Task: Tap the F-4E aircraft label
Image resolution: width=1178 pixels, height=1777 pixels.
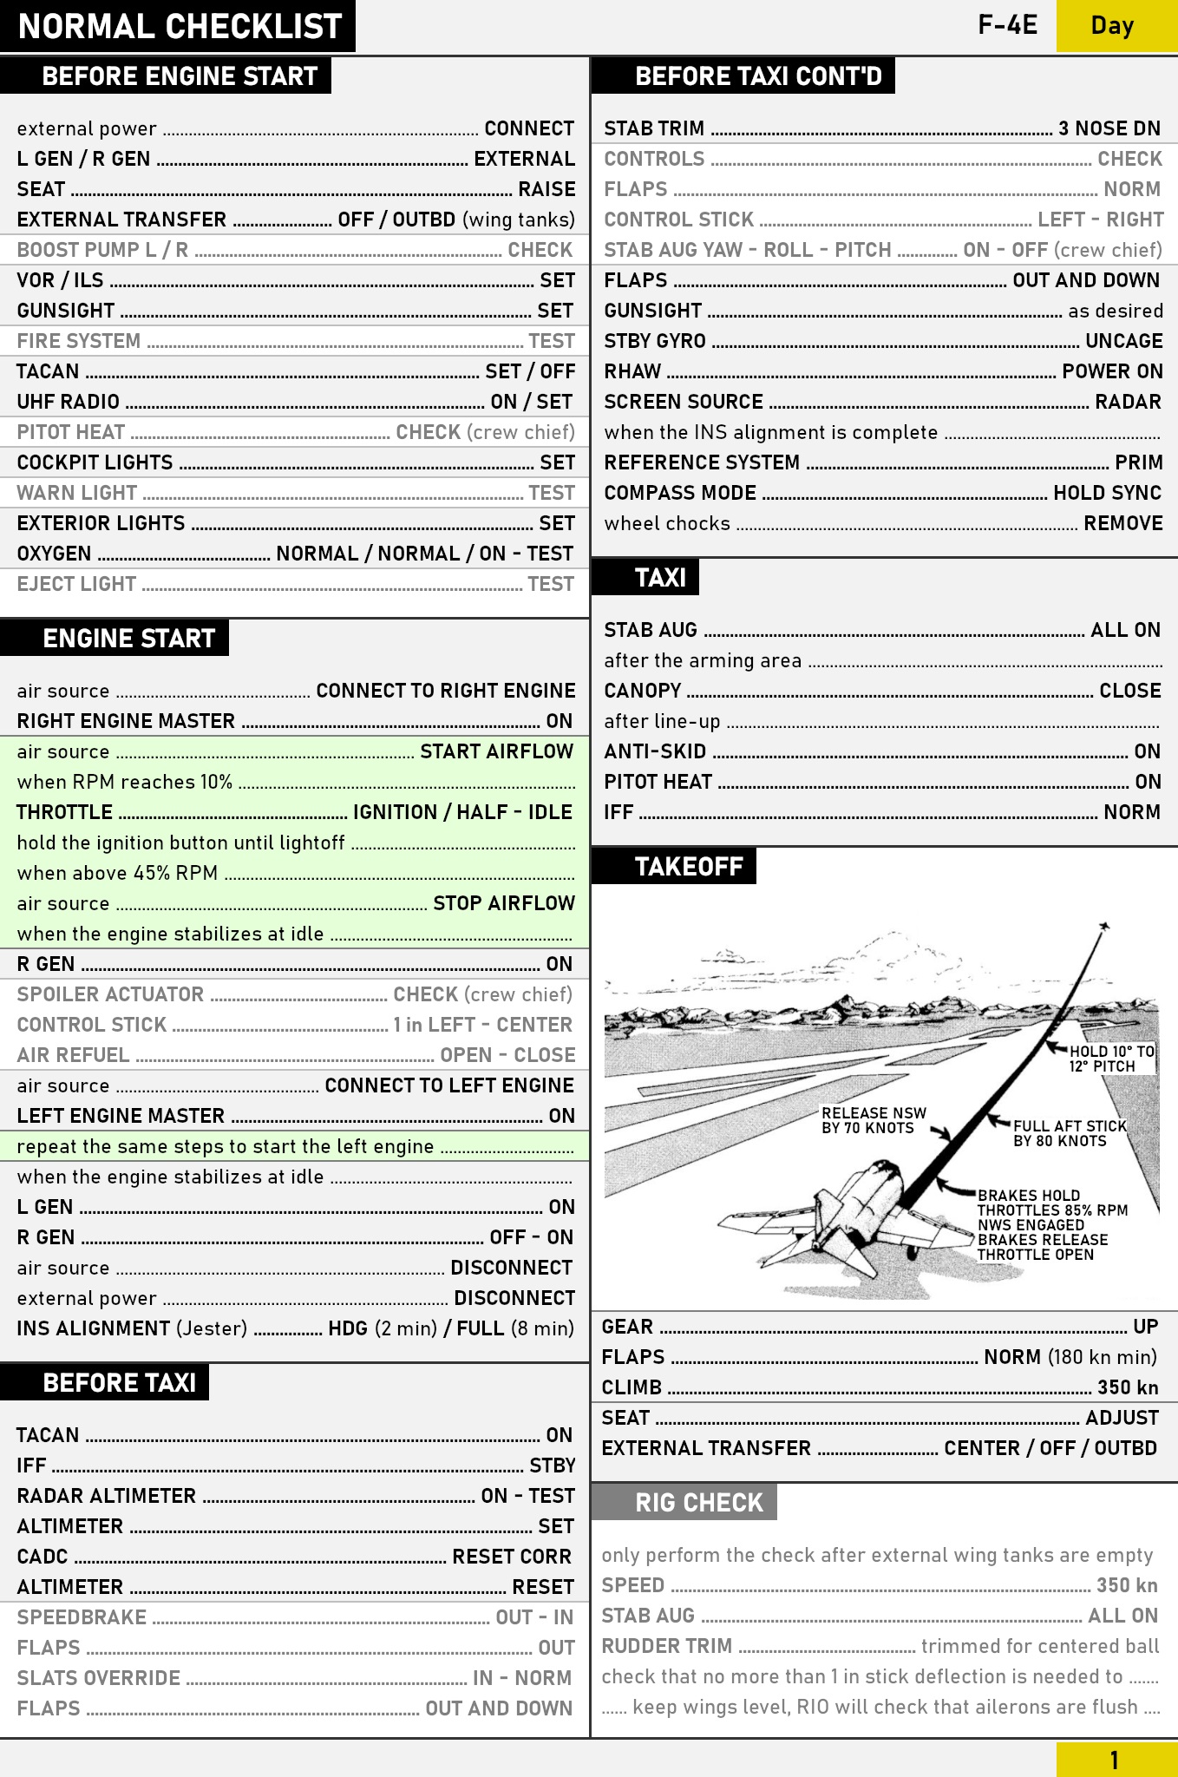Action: [1007, 25]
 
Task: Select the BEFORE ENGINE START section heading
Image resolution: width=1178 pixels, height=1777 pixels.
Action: [179, 76]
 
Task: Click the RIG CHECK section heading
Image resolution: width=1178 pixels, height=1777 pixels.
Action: [698, 1502]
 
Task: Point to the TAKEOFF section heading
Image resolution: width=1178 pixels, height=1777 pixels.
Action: [688, 867]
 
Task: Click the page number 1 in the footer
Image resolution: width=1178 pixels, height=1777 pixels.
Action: [1115, 1760]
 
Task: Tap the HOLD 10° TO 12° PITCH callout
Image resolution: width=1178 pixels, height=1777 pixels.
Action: [1110, 1059]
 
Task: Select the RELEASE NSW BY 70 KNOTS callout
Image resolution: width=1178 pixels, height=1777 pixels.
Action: [873, 1120]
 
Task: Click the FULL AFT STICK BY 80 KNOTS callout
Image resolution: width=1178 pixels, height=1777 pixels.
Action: [1069, 1133]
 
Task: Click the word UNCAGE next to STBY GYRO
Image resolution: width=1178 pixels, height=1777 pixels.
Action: [1123, 341]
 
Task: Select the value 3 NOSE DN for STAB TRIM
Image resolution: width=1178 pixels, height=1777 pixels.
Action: [1109, 128]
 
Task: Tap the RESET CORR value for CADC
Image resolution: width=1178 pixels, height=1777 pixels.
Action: [512, 1557]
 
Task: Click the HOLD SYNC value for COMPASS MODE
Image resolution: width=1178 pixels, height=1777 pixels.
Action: [1107, 493]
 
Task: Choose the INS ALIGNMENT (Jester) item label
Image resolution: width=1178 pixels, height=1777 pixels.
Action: [132, 1328]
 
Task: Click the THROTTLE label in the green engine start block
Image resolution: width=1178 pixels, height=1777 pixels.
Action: [64, 812]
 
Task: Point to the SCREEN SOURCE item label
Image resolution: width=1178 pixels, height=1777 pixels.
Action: [684, 402]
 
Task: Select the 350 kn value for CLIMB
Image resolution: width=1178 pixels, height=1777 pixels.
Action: [1128, 1387]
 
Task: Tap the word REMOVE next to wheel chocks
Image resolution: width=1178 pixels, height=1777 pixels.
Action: [1123, 523]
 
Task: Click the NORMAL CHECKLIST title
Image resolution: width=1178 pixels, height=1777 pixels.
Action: [180, 26]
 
